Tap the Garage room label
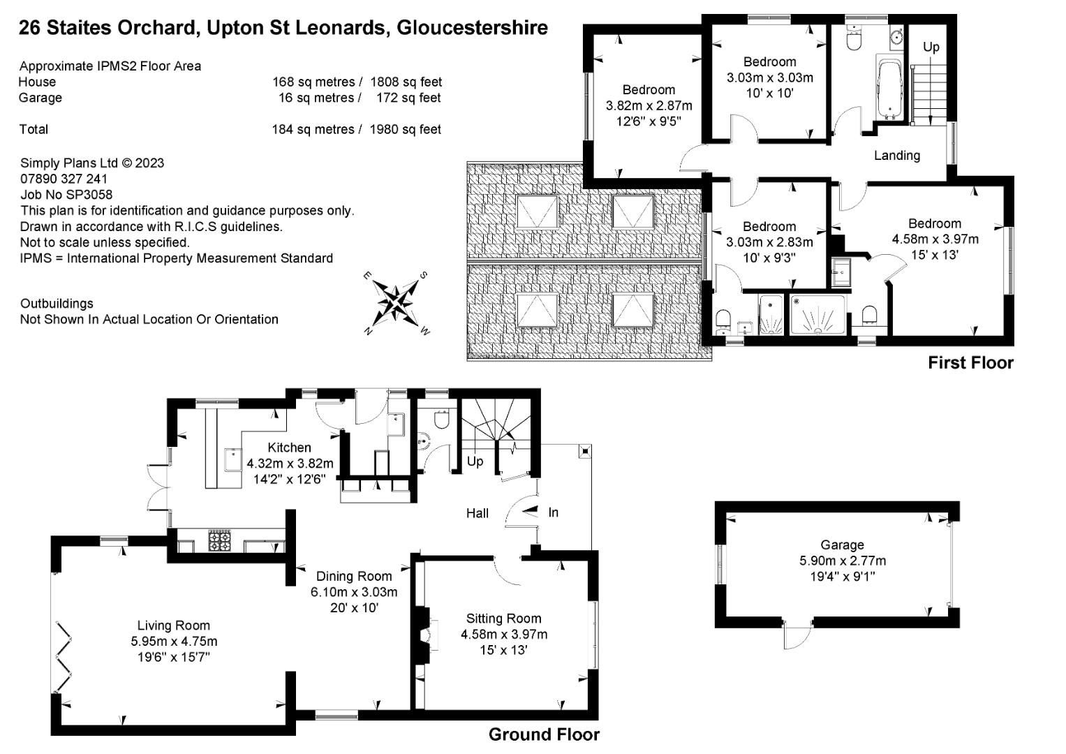(x=842, y=545)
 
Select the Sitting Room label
(x=503, y=619)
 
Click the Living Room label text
(x=173, y=626)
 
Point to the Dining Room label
(x=354, y=576)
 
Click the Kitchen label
(x=289, y=448)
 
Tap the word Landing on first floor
(x=896, y=155)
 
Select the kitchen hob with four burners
(x=220, y=540)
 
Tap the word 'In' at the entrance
(x=553, y=512)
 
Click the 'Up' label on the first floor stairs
(x=931, y=47)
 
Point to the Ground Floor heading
(x=543, y=734)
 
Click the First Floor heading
(x=970, y=362)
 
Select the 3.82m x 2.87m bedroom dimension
(x=649, y=105)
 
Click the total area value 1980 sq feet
(x=405, y=129)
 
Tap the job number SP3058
(x=66, y=195)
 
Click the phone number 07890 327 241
(x=64, y=179)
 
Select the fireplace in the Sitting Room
(x=423, y=635)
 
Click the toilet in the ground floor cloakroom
(x=441, y=420)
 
